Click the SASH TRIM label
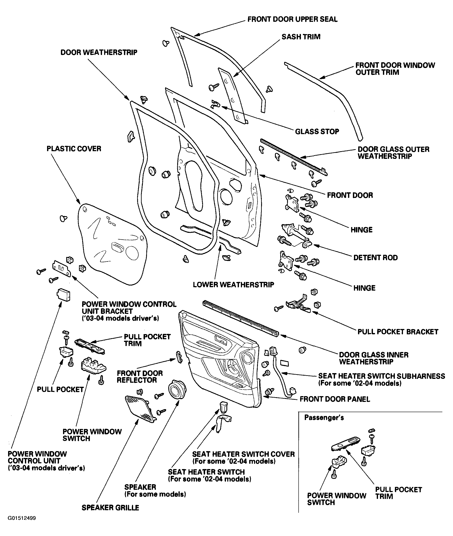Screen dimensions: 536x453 [301, 37]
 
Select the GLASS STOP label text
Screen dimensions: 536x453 [317, 132]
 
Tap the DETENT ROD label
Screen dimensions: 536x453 [375, 258]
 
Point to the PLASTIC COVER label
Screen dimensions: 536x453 [74, 149]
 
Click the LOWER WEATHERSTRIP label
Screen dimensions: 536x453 [233, 285]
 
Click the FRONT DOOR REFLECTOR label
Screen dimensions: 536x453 [140, 377]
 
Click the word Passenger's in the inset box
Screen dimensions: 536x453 [324, 418]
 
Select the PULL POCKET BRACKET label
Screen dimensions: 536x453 [398, 332]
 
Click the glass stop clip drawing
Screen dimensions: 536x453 [215, 104]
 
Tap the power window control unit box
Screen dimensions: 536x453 [63, 294]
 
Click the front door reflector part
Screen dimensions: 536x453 [179, 357]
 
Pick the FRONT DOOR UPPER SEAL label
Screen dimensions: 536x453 [292, 19]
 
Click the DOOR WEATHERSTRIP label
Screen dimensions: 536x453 [99, 52]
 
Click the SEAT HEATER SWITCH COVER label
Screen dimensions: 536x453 [243, 454]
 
